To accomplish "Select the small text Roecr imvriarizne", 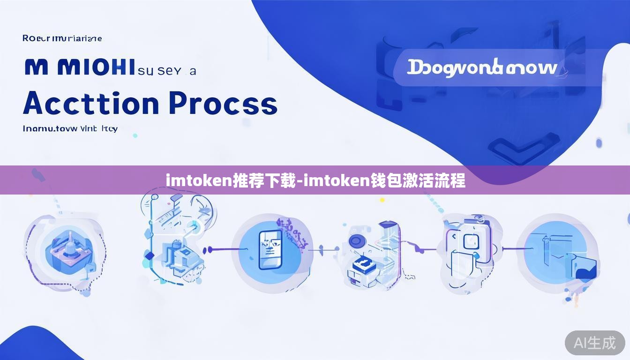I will click(x=62, y=38).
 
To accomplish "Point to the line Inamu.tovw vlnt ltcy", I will click(x=70, y=128).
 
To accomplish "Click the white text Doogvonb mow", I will click(x=482, y=68).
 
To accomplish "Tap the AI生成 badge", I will click(x=595, y=343).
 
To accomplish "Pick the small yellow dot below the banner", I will click(x=382, y=200).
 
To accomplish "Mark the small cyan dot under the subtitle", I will click(x=135, y=135).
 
